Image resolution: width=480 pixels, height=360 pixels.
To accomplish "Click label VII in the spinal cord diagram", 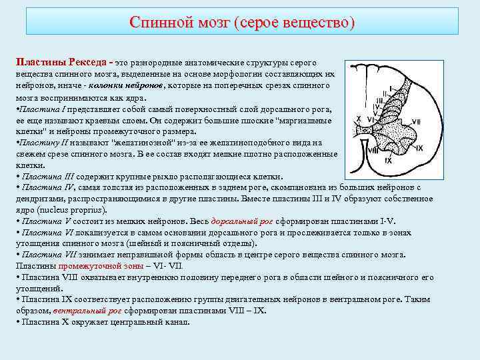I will pos(416,121).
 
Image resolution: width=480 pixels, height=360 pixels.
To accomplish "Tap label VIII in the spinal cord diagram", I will pos(373,150).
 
